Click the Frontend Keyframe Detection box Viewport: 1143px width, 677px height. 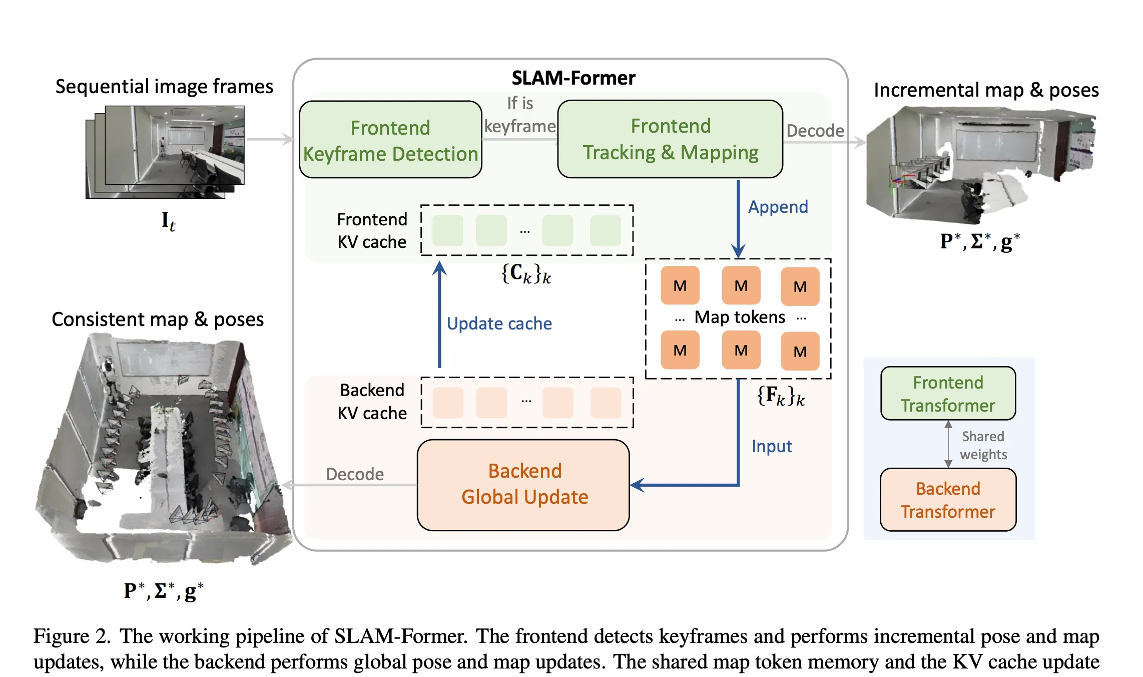click(x=390, y=140)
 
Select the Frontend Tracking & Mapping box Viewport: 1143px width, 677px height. click(x=670, y=139)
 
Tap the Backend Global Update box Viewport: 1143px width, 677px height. click(x=523, y=485)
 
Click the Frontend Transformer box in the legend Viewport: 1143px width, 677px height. click(x=948, y=394)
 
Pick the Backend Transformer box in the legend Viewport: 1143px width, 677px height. click(x=948, y=500)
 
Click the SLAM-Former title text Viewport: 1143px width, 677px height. click(x=573, y=78)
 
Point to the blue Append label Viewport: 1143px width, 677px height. click(x=778, y=207)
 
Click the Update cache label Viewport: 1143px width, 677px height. click(x=499, y=323)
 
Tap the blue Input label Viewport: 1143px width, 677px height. click(x=772, y=446)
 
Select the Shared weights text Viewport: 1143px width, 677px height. click(x=983, y=445)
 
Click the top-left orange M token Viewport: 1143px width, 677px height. click(x=680, y=286)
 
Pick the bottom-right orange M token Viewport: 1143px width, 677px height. click(x=800, y=352)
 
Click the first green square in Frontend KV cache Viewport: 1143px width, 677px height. click(x=447, y=231)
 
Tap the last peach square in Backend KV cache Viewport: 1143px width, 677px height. click(x=606, y=403)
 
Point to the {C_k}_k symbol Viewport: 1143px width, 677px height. click(x=526, y=274)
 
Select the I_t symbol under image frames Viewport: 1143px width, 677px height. click(x=168, y=221)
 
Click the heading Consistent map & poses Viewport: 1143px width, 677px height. click(x=158, y=319)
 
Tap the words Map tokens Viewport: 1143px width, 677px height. click(x=740, y=317)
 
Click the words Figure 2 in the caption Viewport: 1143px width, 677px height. click(x=72, y=636)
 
